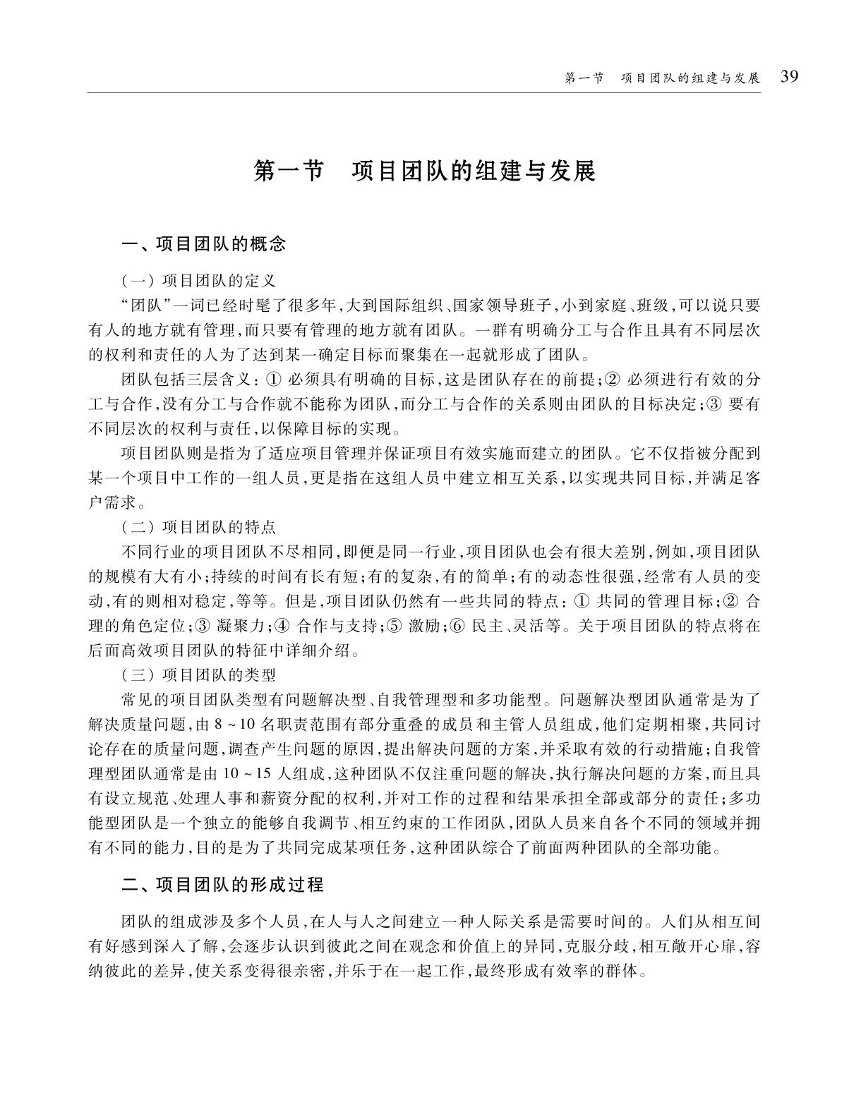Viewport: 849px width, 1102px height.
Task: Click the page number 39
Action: [789, 76]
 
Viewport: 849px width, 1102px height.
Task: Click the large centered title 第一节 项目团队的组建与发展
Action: [424, 171]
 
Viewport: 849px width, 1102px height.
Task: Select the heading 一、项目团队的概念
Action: [204, 245]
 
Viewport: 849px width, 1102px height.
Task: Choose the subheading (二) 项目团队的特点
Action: [198, 527]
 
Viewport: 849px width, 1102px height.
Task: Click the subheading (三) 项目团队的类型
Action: [198, 674]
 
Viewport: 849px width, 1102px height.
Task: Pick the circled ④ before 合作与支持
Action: [282, 626]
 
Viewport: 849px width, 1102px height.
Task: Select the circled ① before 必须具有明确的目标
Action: [273, 380]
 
